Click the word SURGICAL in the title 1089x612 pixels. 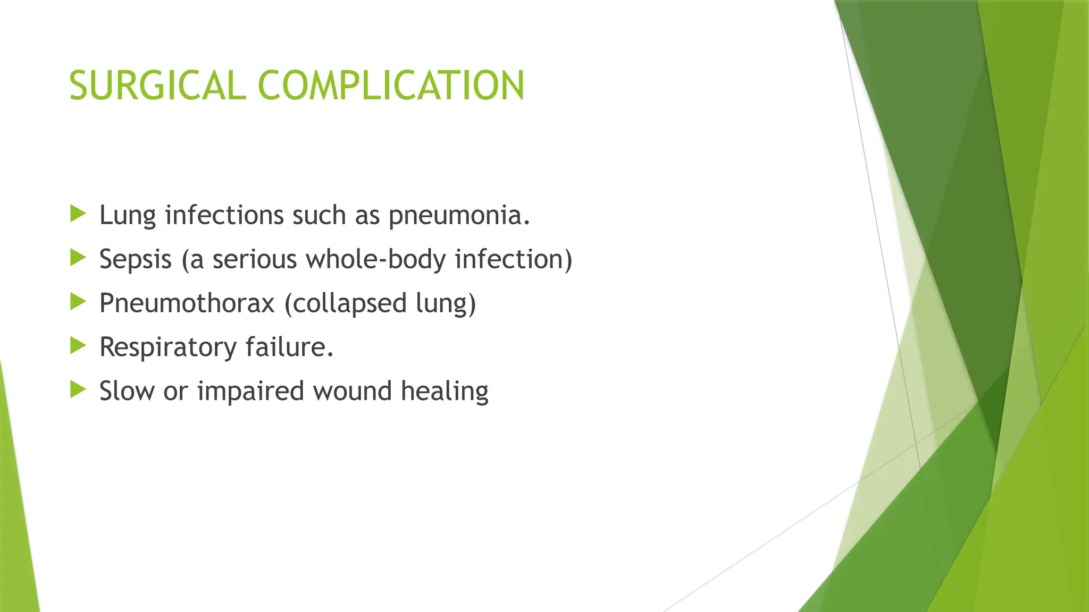pos(157,86)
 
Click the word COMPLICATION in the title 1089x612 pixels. pos(391,86)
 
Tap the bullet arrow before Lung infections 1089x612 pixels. pos(78,214)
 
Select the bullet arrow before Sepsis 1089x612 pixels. pos(78,258)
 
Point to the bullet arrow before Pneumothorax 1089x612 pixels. pos(78,302)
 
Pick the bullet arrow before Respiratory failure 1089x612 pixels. pos(78,346)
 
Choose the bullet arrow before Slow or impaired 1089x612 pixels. pos(78,390)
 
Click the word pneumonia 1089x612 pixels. pos(459,216)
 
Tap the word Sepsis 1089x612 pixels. pos(136,260)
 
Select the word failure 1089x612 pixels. pos(289,347)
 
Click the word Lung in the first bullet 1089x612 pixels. pos(128,216)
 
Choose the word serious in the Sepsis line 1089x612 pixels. pos(254,260)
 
